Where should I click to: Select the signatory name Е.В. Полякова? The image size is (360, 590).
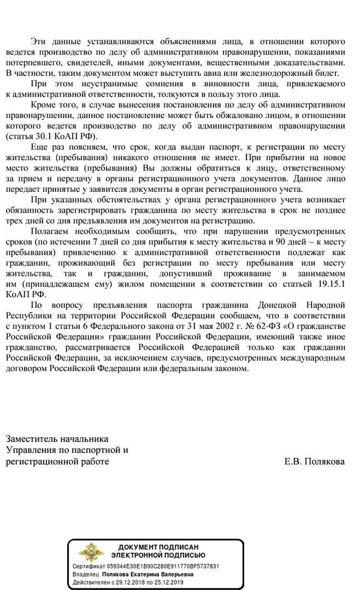(x=315, y=462)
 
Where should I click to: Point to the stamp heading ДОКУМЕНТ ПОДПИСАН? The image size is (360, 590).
(x=158, y=547)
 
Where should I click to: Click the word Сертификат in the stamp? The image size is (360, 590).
(x=88, y=567)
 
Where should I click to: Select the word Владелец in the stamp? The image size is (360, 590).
(x=86, y=575)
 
